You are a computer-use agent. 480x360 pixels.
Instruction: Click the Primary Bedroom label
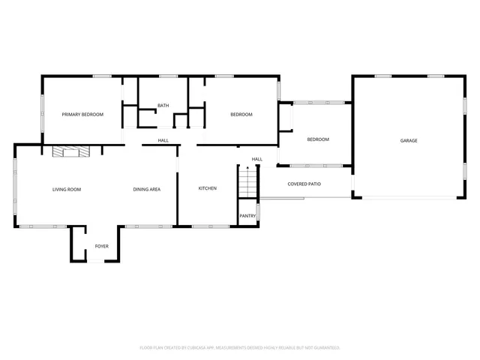82,115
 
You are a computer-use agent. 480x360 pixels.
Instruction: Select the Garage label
409,141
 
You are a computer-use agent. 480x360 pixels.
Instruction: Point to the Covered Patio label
304,184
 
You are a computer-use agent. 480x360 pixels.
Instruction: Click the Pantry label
247,216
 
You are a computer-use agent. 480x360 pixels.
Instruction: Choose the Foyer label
101,246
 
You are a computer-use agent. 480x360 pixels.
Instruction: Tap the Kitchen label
207,188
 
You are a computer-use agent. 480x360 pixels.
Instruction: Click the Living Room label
67,190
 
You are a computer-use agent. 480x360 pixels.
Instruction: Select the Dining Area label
147,190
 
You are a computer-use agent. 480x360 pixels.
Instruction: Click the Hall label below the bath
163,140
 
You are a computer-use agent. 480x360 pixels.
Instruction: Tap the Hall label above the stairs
256,159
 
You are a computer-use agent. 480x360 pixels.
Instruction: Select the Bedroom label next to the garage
318,140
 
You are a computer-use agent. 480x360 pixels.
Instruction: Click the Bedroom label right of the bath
241,115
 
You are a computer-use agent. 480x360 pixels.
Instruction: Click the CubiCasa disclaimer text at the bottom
240,348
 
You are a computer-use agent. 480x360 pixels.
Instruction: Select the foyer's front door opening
97,261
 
